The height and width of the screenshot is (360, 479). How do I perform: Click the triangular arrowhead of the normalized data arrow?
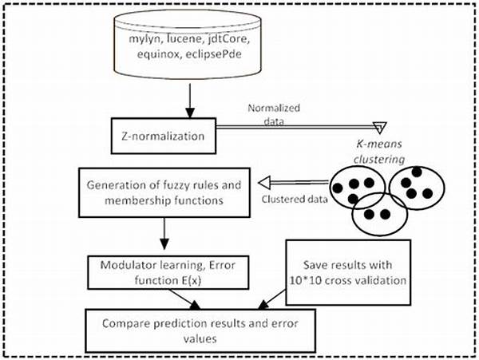(x=380, y=127)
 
